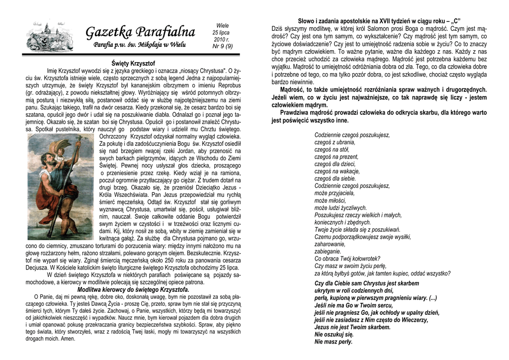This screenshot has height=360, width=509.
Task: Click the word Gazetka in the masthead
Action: tap(107, 33)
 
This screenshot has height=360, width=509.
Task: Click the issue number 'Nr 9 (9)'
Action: tap(222, 46)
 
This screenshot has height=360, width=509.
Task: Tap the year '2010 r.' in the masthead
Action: tap(221, 39)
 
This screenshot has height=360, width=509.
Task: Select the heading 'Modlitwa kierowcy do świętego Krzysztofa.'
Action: tap(133, 289)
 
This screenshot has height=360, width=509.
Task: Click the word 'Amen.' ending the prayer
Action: tap(68, 339)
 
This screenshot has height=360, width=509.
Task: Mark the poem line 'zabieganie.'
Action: tap(329, 251)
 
